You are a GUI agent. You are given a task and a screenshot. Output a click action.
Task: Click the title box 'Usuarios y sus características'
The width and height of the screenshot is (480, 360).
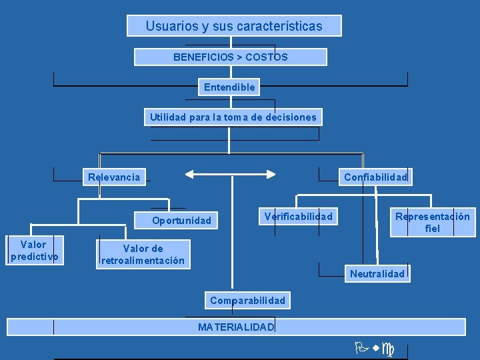click(x=234, y=26)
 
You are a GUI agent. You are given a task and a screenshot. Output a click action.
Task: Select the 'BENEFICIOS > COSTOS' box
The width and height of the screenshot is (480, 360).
click(x=231, y=57)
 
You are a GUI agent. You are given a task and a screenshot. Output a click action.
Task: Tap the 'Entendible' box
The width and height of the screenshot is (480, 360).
click(x=229, y=87)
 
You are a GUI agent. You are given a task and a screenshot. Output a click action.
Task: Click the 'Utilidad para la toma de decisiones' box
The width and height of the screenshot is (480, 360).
click(x=233, y=117)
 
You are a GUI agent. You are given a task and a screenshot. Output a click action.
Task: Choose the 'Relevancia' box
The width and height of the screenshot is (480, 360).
click(x=114, y=177)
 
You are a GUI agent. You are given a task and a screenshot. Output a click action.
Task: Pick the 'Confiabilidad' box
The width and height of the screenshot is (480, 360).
click(x=375, y=177)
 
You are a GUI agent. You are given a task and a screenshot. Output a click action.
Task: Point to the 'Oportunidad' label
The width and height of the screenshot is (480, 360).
click(x=181, y=221)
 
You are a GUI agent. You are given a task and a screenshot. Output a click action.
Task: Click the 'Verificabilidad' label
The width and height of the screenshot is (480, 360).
click(x=298, y=216)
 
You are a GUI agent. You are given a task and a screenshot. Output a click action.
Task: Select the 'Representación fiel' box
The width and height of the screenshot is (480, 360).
click(x=432, y=223)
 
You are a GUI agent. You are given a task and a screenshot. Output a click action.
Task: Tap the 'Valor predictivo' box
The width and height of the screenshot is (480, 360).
click(x=34, y=251)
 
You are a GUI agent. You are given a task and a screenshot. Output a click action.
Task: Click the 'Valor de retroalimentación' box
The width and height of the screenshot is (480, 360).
click(x=143, y=255)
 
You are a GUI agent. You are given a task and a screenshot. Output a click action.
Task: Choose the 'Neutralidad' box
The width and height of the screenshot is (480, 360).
click(x=377, y=273)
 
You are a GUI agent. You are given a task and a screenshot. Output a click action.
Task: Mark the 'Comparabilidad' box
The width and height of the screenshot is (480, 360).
click(x=247, y=301)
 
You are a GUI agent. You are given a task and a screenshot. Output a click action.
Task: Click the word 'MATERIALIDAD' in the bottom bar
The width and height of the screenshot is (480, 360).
click(x=236, y=327)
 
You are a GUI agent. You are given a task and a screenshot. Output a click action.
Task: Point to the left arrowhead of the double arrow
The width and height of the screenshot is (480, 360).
click(x=189, y=174)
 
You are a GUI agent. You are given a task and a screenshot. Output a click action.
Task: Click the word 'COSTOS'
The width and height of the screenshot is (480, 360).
click(x=267, y=57)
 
